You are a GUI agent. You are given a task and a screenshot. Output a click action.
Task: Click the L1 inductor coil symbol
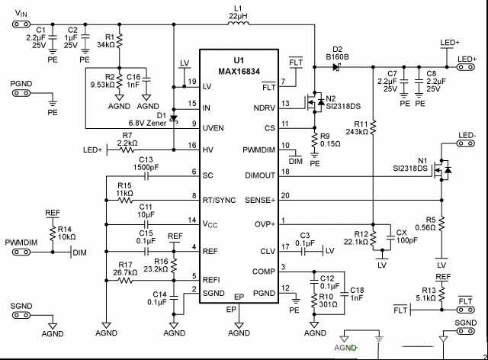tap(239, 22)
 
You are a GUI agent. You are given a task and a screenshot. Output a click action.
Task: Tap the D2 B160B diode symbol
tap(336, 67)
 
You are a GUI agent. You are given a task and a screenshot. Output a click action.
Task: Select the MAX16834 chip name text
tap(239, 72)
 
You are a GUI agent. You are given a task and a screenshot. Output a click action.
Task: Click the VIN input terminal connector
tap(21, 24)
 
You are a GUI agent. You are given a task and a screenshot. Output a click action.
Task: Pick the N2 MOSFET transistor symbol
tap(313, 102)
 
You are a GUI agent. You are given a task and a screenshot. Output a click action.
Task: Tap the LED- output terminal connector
tap(466, 143)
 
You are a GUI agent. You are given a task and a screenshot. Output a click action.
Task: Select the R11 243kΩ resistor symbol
tap(373, 127)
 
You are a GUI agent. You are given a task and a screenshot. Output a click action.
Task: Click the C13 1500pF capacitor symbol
tap(146, 177)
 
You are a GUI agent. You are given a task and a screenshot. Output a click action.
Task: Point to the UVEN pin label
tap(213, 128)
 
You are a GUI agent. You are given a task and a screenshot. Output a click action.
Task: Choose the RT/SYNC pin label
tap(219, 201)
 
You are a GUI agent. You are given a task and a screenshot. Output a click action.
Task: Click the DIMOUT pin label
tap(260, 175)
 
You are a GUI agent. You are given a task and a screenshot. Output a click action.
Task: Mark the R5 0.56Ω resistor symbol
tap(441, 223)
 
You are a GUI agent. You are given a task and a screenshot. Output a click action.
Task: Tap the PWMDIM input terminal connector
tap(21, 252)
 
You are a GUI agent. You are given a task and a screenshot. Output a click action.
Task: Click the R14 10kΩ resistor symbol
tap(53, 233)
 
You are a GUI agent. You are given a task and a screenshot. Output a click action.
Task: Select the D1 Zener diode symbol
tap(174, 119)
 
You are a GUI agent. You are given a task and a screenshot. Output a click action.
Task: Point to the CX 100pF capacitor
tap(390, 237)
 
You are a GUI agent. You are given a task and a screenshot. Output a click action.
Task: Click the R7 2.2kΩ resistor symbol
tap(127, 150)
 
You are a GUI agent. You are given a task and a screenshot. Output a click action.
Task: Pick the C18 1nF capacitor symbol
tap(345, 294)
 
